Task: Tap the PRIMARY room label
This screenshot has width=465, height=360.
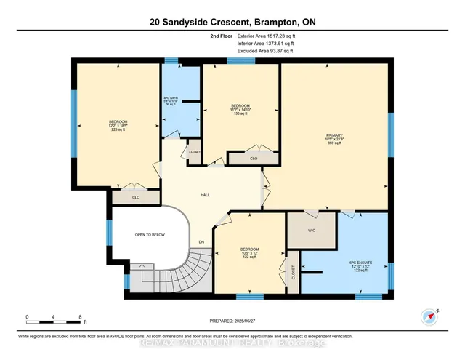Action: pyautogui.click(x=334, y=139)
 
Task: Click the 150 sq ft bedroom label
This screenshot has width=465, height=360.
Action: pyautogui.click(x=240, y=110)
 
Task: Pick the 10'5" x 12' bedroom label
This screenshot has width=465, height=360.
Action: pyautogui.click(x=249, y=253)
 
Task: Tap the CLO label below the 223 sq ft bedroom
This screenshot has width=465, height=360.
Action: pyautogui.click(x=136, y=197)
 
